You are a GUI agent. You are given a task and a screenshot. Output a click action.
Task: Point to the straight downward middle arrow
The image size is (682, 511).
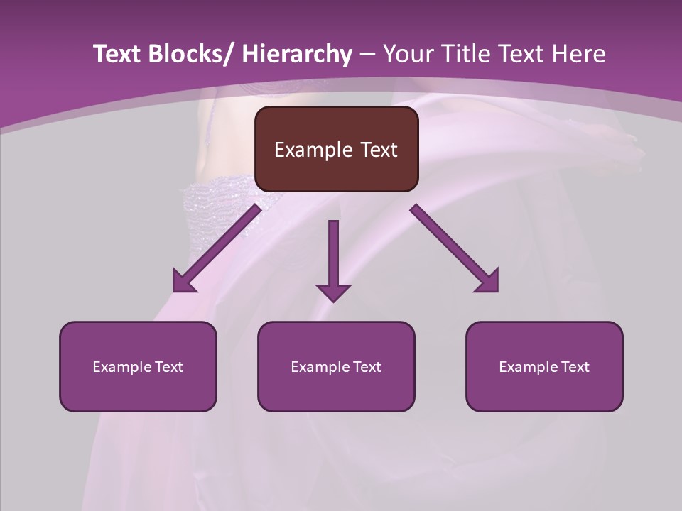pos(333,255)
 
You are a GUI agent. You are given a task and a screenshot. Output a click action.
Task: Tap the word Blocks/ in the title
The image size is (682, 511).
pos(192,54)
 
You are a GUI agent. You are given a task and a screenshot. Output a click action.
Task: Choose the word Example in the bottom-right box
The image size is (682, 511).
pos(526,367)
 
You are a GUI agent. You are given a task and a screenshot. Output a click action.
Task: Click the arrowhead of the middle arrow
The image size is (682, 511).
pos(333,292)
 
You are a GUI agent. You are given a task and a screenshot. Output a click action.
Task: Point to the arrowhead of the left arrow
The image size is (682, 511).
pos(183,282)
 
